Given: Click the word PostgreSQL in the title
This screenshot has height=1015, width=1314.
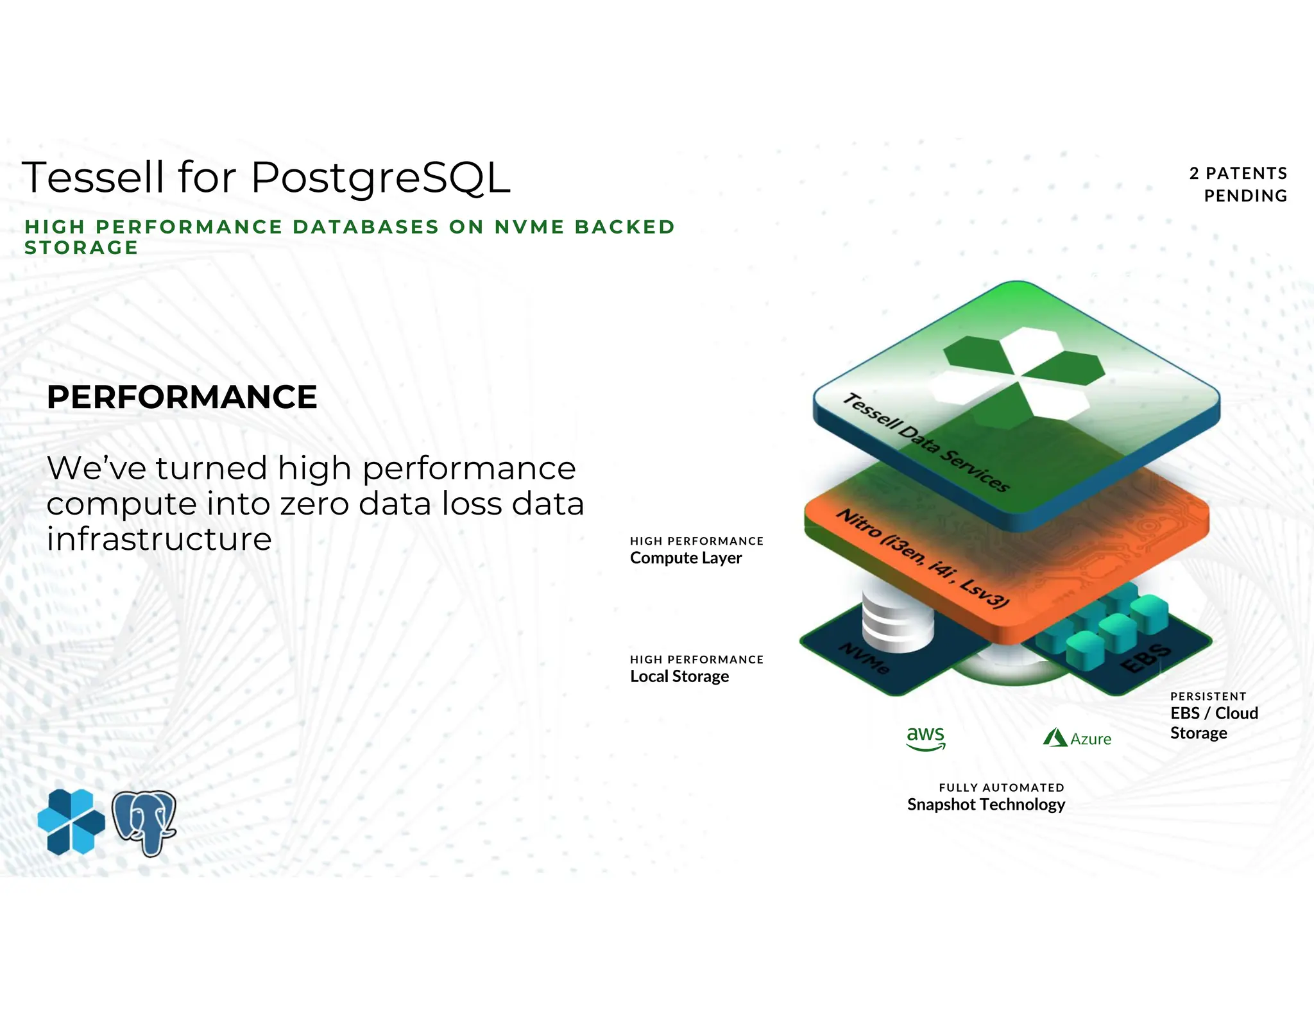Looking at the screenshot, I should point(380,178).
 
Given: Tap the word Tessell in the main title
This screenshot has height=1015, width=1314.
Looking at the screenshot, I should point(93,178).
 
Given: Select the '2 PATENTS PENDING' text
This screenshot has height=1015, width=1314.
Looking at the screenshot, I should point(1238,184).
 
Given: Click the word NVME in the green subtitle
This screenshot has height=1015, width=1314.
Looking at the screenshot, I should point(529,226).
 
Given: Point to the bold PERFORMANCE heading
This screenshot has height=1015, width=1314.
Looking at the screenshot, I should point(182,397).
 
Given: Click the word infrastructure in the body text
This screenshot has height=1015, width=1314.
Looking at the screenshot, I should point(159,539).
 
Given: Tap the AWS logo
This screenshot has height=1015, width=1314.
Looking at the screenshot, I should point(925,738).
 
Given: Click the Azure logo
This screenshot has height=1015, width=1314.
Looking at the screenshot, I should point(1077,738).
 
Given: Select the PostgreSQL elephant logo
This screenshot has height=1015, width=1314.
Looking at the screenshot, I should point(144,823).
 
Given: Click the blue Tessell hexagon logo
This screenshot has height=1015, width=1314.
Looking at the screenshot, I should point(71,822).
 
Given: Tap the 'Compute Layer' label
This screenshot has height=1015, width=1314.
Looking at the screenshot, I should point(685,558).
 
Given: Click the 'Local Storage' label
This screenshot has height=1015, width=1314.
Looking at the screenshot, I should point(679,676).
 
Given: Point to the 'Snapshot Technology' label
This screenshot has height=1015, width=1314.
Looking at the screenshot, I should point(985,805).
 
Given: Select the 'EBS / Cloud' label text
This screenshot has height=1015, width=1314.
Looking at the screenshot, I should point(1213,713).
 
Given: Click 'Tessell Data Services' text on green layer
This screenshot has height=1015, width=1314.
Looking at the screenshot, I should point(925,442).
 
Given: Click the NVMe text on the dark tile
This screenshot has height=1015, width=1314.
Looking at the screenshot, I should point(864,658).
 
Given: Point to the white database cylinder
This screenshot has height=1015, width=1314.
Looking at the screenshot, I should point(896,619).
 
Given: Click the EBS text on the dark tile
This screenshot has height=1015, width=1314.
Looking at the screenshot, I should point(1147,658).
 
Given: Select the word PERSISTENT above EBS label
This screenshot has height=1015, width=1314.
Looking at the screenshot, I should point(1207,697).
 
